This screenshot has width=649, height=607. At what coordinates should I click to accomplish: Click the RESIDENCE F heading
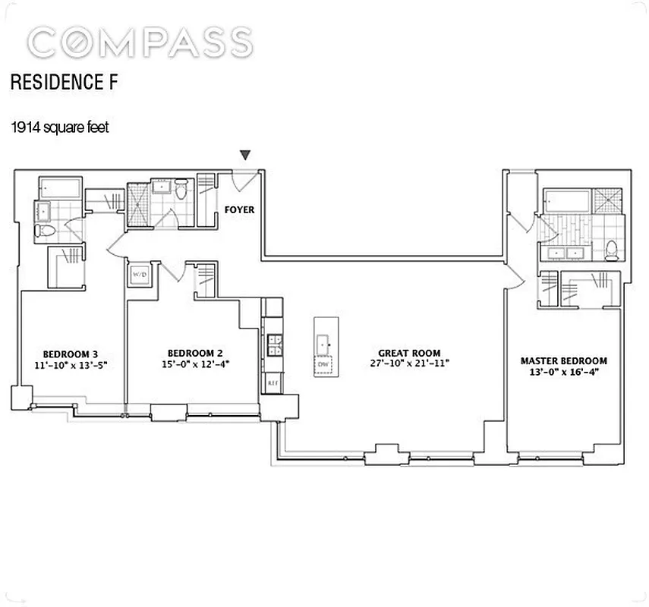(64, 83)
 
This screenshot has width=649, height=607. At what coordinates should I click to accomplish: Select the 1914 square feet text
(59, 127)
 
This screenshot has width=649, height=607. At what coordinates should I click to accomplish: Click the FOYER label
(238, 209)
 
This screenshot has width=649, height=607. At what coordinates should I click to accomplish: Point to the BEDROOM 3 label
(71, 354)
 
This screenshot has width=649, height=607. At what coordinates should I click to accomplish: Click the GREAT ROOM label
(409, 353)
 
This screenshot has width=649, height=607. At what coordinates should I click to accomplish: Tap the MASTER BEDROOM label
(563, 360)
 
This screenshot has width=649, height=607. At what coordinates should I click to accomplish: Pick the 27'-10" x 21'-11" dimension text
(409, 364)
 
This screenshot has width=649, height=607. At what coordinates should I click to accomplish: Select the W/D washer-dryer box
(140, 274)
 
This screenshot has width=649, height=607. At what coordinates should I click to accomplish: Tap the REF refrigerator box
(272, 384)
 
